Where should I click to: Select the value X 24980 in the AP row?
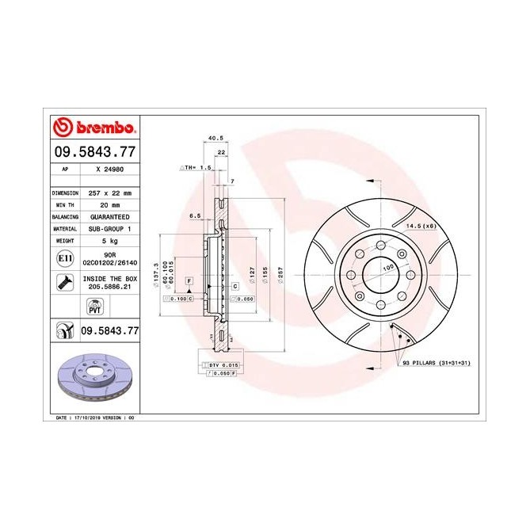pos(109,170)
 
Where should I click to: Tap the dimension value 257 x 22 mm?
pos(109,193)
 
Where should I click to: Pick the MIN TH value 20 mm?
pos(109,204)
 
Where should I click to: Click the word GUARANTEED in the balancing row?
pos(109,216)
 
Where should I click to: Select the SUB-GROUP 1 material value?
pos(109,227)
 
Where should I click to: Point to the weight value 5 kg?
pos(109,239)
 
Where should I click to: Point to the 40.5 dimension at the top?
pos(213,138)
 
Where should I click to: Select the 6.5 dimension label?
pos(195,215)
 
